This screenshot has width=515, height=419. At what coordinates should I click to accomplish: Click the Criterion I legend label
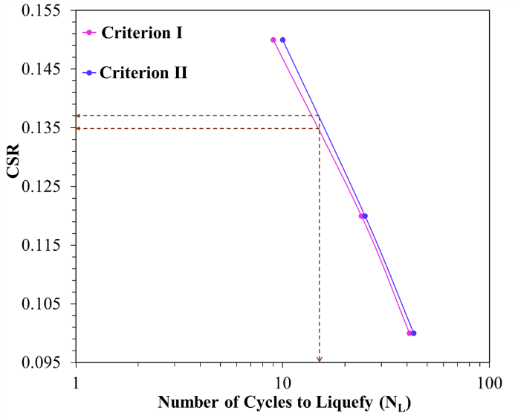pyautogui.click(x=142, y=33)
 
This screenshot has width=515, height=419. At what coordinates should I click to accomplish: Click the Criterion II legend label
pyautogui.click(x=143, y=73)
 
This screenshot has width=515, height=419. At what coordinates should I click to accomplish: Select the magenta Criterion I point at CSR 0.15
pyautogui.click(x=273, y=40)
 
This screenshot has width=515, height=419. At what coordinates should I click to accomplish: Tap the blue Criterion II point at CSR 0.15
pyautogui.click(x=282, y=40)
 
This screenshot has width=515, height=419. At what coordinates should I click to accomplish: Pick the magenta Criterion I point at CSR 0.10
pyautogui.click(x=409, y=333)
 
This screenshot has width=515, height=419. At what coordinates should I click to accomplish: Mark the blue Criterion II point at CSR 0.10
pyautogui.click(x=414, y=333)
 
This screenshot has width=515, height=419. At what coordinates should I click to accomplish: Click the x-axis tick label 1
pyautogui.click(x=76, y=381)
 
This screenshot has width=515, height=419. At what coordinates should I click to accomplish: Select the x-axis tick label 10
pyautogui.click(x=282, y=381)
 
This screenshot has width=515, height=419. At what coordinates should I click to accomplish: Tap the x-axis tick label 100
pyautogui.click(x=488, y=381)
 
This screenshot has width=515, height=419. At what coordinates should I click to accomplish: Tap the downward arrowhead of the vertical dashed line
pyautogui.click(x=320, y=360)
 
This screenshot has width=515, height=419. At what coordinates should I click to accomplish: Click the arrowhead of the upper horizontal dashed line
pyautogui.click(x=78, y=116)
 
